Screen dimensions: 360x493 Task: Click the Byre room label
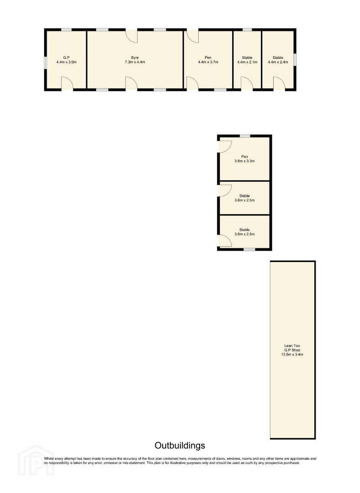tap(135, 58)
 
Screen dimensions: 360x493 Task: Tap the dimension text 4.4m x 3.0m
tap(66, 62)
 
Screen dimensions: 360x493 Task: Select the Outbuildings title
tap(180, 446)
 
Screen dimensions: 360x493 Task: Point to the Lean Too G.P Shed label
tap(292, 348)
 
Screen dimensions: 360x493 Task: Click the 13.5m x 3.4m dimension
tap(292, 354)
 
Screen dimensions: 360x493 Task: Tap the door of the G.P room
tap(67, 83)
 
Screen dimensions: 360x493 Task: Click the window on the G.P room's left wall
tap(46, 62)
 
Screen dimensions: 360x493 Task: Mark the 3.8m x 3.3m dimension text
tap(244, 161)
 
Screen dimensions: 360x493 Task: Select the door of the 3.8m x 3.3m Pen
tap(225, 147)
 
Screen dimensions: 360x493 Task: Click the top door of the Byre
tap(132, 36)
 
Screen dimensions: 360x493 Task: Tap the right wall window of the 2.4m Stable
tap(295, 60)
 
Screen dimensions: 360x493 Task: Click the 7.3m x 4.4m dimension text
tap(135, 62)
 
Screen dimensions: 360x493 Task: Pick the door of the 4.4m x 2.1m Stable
tap(247, 84)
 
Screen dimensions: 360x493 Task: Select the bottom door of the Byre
tap(132, 84)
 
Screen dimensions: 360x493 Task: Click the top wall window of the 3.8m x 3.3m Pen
tap(245, 136)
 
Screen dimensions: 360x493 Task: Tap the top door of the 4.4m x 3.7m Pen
tap(193, 36)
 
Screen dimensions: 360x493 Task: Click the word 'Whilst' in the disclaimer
tap(49, 459)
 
